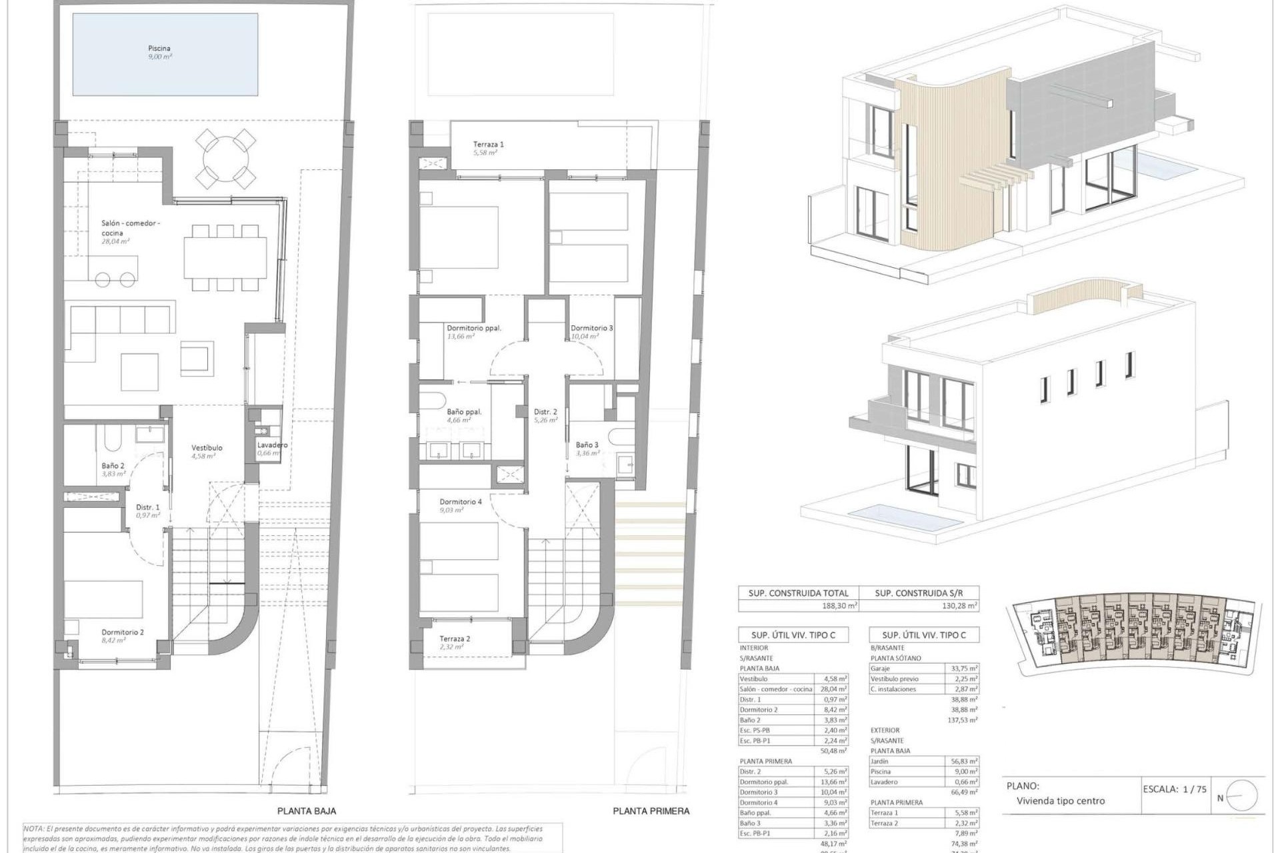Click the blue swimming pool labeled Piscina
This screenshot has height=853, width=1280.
165,55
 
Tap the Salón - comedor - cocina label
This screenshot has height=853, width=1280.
130,228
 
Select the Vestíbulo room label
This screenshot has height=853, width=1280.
207,448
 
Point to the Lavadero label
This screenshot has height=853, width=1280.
272,445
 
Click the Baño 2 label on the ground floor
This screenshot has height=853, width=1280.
113,466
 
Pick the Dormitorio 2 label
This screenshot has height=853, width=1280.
123,632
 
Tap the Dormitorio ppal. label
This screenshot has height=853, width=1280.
473,328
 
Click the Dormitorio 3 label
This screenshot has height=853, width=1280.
591,328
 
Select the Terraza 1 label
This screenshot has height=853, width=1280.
488,144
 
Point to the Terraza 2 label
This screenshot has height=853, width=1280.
455,638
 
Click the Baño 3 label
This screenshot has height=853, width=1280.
587,444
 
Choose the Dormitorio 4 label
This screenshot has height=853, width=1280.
461,502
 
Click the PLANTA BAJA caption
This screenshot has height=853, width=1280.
307,811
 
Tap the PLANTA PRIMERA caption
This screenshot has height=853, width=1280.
651,811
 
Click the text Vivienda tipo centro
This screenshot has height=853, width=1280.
1060,801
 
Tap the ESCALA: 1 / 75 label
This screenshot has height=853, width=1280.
1175,789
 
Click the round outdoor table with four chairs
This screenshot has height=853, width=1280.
226,159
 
